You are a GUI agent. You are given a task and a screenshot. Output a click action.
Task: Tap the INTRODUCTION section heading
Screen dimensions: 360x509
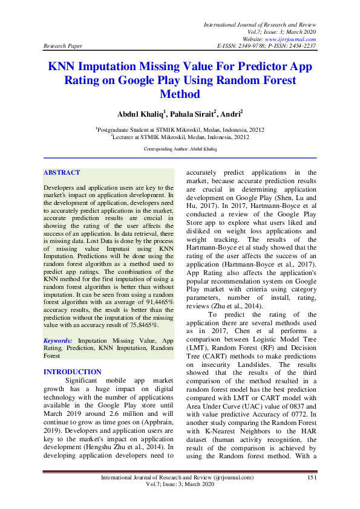[x=73, y=372]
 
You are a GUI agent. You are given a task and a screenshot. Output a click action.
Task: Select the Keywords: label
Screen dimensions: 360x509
[x=59, y=341]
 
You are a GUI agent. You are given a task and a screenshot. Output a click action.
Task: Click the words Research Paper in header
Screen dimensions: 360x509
[x=64, y=46]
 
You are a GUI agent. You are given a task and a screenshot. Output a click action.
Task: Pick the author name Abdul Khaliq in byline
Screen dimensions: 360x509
[x=128, y=113]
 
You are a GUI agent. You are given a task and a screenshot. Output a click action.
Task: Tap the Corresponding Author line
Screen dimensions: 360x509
[x=180, y=148]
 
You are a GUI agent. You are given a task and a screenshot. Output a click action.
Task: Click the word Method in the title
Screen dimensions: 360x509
[x=180, y=94]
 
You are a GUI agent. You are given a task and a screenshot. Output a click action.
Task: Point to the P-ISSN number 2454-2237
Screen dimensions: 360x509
[x=300, y=46]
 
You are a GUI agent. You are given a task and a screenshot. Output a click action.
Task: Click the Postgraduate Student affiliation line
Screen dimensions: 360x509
[x=180, y=129]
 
